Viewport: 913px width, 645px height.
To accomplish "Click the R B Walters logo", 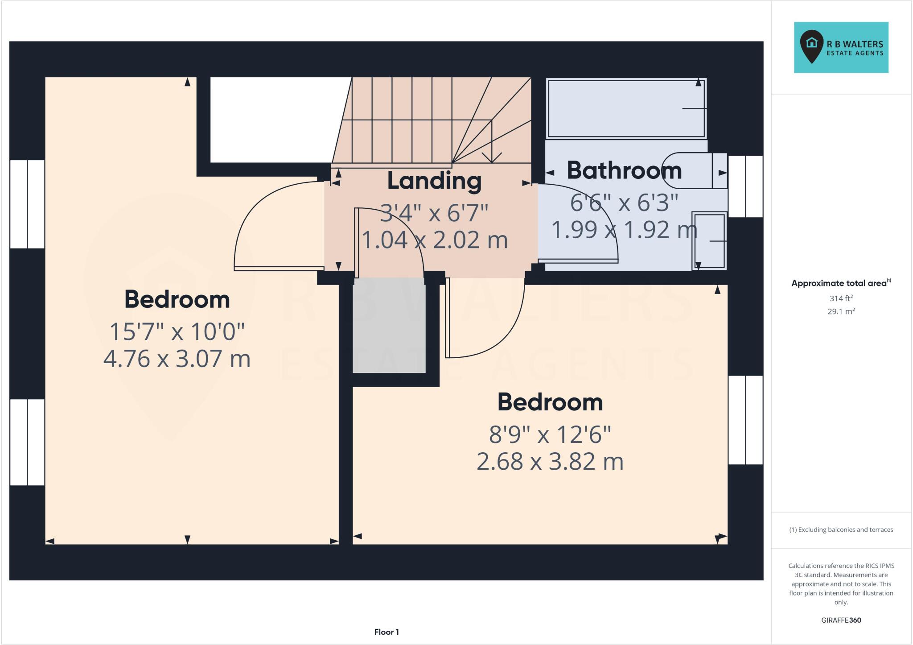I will (841, 48).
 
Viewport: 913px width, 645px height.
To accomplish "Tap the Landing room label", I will (434, 181).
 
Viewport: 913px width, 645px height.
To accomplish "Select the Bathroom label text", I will (624, 171).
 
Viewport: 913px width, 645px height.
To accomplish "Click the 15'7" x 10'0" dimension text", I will (177, 331).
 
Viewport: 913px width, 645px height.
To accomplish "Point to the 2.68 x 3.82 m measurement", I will (550, 462).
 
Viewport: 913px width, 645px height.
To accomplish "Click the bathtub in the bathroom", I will (626, 109).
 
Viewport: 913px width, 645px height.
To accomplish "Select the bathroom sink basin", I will (709, 241).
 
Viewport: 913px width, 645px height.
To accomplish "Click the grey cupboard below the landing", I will (389, 325).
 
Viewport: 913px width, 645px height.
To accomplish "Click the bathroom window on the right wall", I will (745, 186).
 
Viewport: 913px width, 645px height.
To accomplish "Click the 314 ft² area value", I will (841, 298).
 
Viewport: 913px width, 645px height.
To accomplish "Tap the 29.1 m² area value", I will (841, 311).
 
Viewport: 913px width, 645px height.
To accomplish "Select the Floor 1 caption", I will (386, 632).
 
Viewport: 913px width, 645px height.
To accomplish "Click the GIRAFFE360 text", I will (841, 620).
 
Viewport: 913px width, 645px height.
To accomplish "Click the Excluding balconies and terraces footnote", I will (841, 530).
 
